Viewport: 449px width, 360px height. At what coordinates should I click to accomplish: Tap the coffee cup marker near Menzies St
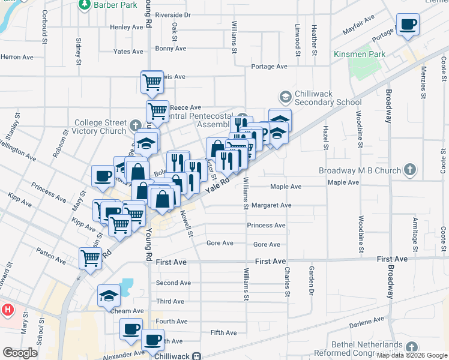point(408,25)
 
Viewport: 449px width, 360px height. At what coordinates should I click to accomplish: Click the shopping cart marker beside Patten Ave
point(91,259)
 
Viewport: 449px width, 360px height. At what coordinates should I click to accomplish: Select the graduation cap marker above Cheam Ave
point(109,295)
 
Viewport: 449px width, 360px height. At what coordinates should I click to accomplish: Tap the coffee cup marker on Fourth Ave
point(131,329)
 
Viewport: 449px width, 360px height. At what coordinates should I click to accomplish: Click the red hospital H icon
point(7,310)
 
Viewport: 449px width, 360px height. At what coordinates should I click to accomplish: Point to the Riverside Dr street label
point(172,14)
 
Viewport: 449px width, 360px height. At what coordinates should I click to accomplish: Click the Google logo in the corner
point(20,353)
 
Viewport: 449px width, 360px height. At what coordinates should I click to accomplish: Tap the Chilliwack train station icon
point(196,356)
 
